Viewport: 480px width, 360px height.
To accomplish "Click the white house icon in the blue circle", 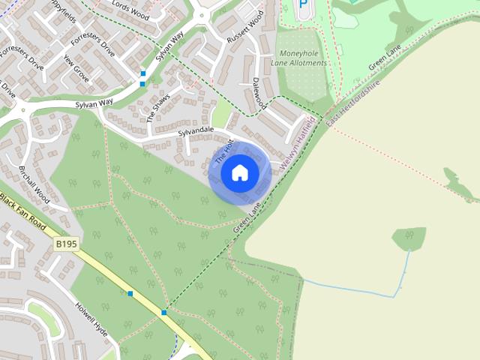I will [x=239, y=172].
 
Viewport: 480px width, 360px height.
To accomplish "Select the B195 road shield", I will [x=67, y=244].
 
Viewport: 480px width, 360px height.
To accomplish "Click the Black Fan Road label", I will [x=22, y=214].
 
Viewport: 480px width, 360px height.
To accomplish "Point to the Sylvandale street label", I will [x=196, y=132].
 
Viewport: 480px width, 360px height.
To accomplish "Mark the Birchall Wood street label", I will [x=33, y=184].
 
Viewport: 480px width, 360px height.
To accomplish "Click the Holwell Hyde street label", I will [x=91, y=319].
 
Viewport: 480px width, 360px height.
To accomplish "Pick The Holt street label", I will [x=224, y=152].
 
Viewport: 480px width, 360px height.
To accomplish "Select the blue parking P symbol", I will [x=303, y=4].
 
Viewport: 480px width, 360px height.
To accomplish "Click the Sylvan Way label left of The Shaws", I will [x=94, y=103].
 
